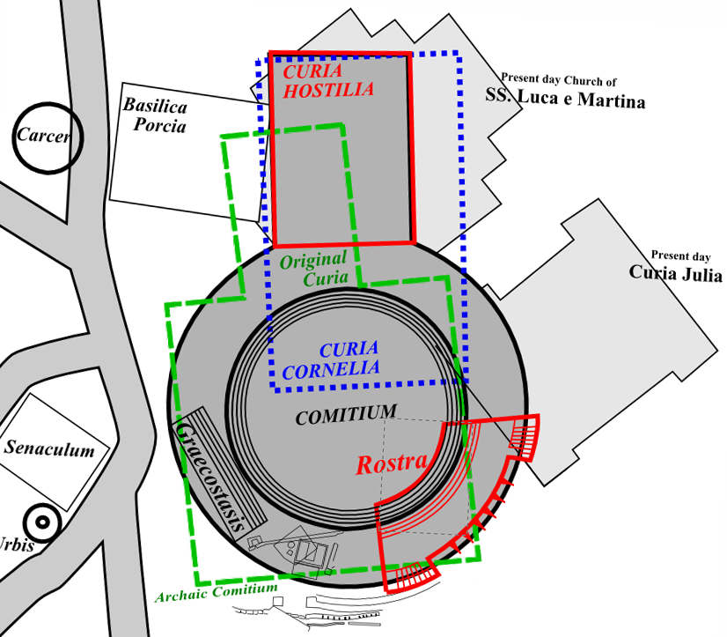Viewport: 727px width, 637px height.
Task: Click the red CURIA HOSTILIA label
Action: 323,78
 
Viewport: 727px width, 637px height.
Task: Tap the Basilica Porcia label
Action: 155,115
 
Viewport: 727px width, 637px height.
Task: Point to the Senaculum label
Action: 49,449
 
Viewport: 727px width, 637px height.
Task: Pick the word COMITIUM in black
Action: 346,415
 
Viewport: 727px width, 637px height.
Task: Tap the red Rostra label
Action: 392,463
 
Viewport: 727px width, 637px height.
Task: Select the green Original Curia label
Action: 314,270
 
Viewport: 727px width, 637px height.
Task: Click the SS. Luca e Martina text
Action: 565,100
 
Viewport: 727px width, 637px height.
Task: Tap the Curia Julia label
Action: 675,273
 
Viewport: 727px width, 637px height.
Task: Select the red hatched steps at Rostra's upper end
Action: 526,437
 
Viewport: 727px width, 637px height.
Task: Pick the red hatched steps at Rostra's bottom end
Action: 414,577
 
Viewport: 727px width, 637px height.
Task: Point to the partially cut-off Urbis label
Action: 16,545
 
